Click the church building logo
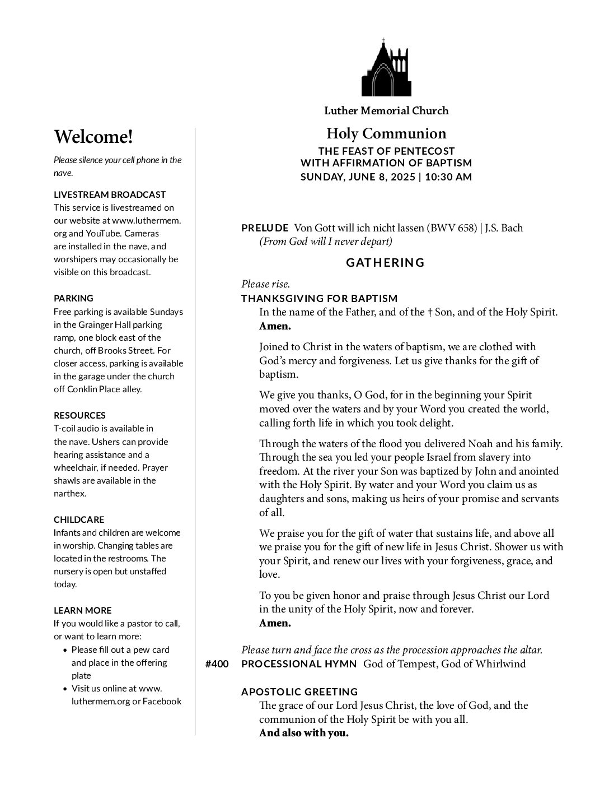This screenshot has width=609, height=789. (386, 68)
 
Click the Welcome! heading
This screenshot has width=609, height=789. (93, 137)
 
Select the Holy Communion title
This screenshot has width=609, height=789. (386, 133)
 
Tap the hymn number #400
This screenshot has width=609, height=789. (217, 664)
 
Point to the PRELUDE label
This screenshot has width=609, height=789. (265, 228)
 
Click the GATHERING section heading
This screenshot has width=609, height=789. (386, 262)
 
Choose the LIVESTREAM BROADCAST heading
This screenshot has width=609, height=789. (110, 194)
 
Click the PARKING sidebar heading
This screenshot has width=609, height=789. (73, 298)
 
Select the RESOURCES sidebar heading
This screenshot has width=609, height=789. (79, 415)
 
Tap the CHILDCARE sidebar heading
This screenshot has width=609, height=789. (79, 519)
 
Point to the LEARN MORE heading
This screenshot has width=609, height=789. (82, 610)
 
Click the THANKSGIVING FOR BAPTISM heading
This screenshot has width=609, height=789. (320, 298)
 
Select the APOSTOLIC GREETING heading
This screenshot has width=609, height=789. (299, 691)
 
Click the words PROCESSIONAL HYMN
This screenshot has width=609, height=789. (299, 664)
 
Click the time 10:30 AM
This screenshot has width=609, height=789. (448, 177)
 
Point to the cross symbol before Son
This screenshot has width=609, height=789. (429, 312)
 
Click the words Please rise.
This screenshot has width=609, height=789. (265, 284)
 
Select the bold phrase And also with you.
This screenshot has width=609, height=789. (304, 733)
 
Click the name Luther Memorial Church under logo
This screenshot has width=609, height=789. (386, 110)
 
